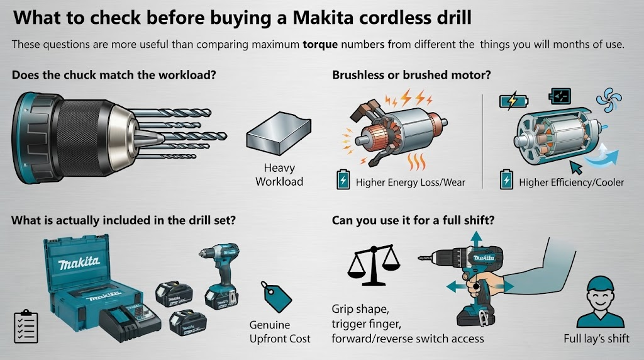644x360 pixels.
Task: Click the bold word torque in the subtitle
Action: point(320,45)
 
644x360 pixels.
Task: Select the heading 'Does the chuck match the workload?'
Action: point(114,75)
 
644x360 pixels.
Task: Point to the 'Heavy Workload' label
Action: point(279,175)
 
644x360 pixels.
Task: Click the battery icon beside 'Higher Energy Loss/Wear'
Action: point(343,179)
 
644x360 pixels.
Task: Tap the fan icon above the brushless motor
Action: point(609,99)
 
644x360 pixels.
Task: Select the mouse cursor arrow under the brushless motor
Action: point(576,167)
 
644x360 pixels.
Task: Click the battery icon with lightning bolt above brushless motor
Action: point(513,101)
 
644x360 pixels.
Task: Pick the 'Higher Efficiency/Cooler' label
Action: point(571,183)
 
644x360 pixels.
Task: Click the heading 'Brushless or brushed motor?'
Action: point(411,75)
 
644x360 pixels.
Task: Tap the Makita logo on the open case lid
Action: point(79,262)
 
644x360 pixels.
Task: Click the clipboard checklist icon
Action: point(26,326)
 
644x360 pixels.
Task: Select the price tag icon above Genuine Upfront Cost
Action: point(275,296)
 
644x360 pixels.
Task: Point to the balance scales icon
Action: point(374,265)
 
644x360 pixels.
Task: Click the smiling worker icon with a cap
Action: point(600,301)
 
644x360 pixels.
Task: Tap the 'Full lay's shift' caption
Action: point(596,339)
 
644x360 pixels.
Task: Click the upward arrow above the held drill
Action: point(476,239)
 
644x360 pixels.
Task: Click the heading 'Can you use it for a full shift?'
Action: point(413,220)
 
